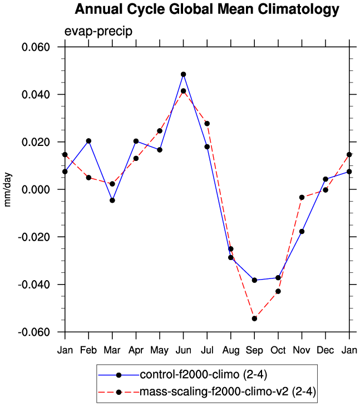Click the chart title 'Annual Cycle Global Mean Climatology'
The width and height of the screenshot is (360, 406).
pos(206,9)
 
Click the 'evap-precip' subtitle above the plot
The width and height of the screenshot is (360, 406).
pos(98,31)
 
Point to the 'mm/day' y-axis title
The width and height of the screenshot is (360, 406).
pos(8,189)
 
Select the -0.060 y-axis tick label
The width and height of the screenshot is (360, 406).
pos(34,332)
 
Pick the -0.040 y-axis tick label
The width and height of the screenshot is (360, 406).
pos(34,285)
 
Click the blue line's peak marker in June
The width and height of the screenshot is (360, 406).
pos(183,74)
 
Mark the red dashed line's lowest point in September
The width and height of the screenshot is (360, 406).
pos(254,319)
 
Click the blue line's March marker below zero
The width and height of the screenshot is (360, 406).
pos(112,200)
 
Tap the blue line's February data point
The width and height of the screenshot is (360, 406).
pos(88,141)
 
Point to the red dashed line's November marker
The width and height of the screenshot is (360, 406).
pos(302,197)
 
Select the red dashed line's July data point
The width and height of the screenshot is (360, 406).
pos(207,123)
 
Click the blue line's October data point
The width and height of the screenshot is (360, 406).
pos(278,277)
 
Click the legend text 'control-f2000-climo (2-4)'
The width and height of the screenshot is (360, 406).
pos(198,374)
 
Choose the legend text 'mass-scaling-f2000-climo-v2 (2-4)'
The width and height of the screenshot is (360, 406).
pos(228,392)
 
